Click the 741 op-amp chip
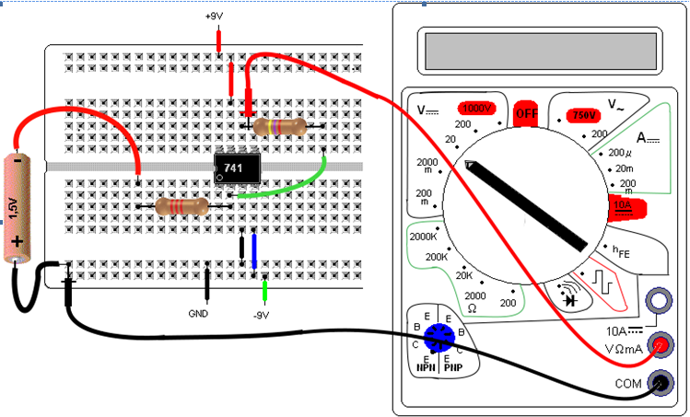(237, 168)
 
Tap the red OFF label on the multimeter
(526, 114)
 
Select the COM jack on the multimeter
(661, 383)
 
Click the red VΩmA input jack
(661, 345)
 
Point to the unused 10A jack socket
(659, 301)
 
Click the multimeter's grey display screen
(541, 51)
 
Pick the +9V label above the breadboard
(214, 17)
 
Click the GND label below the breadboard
(198, 314)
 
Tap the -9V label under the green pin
(261, 316)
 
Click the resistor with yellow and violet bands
(280, 127)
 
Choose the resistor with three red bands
(182, 206)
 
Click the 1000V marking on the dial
(477, 109)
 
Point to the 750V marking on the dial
(583, 115)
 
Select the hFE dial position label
(621, 251)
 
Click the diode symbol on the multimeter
(571, 300)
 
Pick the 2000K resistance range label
(423, 237)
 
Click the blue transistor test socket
(439, 338)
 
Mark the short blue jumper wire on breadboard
(254, 251)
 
